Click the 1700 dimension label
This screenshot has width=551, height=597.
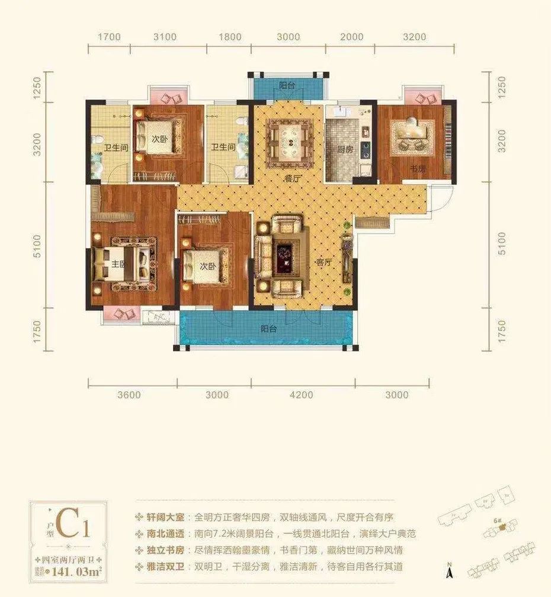[x=109, y=37]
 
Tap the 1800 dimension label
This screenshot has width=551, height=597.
[x=230, y=37]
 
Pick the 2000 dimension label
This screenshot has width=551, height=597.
[x=352, y=37]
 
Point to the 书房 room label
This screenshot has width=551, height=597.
[x=418, y=168]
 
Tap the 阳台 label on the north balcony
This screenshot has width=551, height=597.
[x=287, y=86]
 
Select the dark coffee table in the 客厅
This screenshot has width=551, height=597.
[x=287, y=258]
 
